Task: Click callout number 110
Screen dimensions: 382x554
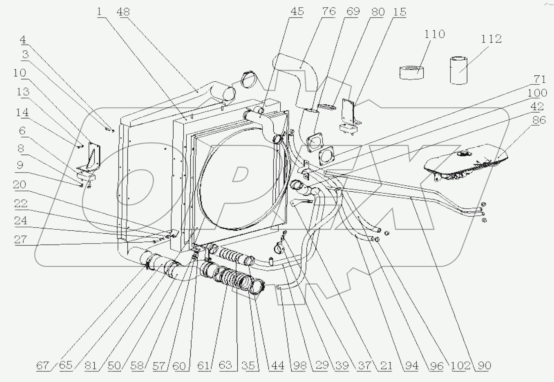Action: (434, 34)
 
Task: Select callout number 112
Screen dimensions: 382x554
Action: (491, 39)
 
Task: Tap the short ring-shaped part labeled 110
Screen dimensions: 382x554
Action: (412, 72)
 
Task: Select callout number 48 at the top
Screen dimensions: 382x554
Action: (123, 12)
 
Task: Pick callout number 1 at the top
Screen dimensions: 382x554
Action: (99, 12)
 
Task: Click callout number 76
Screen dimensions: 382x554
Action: (328, 12)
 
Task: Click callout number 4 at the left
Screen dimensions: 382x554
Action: (23, 40)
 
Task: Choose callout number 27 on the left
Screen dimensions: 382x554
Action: (20, 239)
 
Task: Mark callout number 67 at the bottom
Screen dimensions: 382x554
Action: (42, 365)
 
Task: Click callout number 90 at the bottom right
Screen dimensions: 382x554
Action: (484, 365)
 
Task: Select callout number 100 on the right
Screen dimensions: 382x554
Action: (537, 93)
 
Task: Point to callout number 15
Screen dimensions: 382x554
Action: (399, 12)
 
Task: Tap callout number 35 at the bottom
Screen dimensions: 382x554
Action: (248, 365)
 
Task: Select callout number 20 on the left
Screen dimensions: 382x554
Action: (20, 184)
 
